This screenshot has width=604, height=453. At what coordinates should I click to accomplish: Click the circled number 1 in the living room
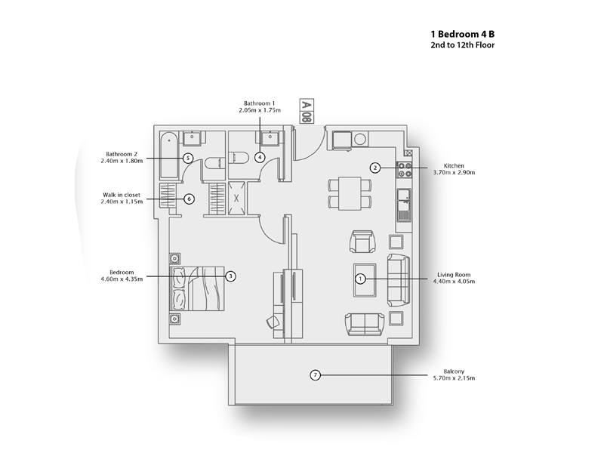360,279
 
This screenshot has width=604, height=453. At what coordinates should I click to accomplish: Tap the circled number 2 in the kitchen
375,168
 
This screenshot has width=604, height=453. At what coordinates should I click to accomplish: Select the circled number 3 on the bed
230,276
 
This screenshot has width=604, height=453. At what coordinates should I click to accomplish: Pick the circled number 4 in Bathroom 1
260,157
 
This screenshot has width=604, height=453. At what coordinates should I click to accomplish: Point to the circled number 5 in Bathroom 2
187,158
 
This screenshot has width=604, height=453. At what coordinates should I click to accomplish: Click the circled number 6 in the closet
190,199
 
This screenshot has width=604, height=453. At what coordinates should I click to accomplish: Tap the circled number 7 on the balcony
316,374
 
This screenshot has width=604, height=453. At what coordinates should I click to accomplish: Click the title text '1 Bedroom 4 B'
463,34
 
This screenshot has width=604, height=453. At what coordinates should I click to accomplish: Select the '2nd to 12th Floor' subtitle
463,45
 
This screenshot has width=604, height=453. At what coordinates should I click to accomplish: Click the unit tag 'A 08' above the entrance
307,111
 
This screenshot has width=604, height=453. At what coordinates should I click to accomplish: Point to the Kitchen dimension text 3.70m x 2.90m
454,173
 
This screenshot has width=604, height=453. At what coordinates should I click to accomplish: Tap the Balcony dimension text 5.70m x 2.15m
454,378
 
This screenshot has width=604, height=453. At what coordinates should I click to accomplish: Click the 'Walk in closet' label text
122,195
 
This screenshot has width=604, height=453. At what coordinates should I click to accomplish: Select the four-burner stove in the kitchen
405,169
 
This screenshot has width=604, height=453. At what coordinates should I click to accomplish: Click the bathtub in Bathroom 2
169,156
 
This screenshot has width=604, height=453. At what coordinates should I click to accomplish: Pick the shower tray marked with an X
236,199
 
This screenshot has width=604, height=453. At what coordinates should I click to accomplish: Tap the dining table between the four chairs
350,193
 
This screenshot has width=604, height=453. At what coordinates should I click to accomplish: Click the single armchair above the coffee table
362,242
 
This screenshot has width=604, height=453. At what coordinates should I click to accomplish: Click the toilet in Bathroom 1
239,158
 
